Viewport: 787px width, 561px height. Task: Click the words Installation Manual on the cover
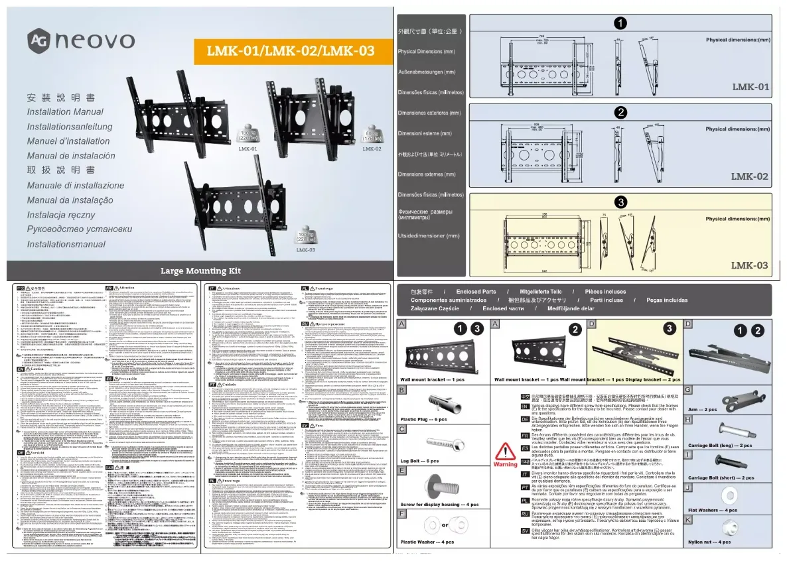(x=65, y=112)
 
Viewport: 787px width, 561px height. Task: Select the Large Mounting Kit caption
(x=200, y=271)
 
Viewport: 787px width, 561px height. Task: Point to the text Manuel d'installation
(x=68, y=141)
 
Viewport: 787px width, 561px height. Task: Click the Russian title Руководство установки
(x=79, y=229)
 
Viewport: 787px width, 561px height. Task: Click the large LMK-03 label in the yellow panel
(x=749, y=265)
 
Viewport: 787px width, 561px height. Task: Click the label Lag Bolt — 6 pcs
(x=419, y=461)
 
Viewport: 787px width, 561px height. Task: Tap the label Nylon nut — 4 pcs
(x=713, y=542)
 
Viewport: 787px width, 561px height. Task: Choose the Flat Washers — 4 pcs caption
(x=713, y=510)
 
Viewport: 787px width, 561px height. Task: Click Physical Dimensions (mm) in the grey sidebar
(x=426, y=52)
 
